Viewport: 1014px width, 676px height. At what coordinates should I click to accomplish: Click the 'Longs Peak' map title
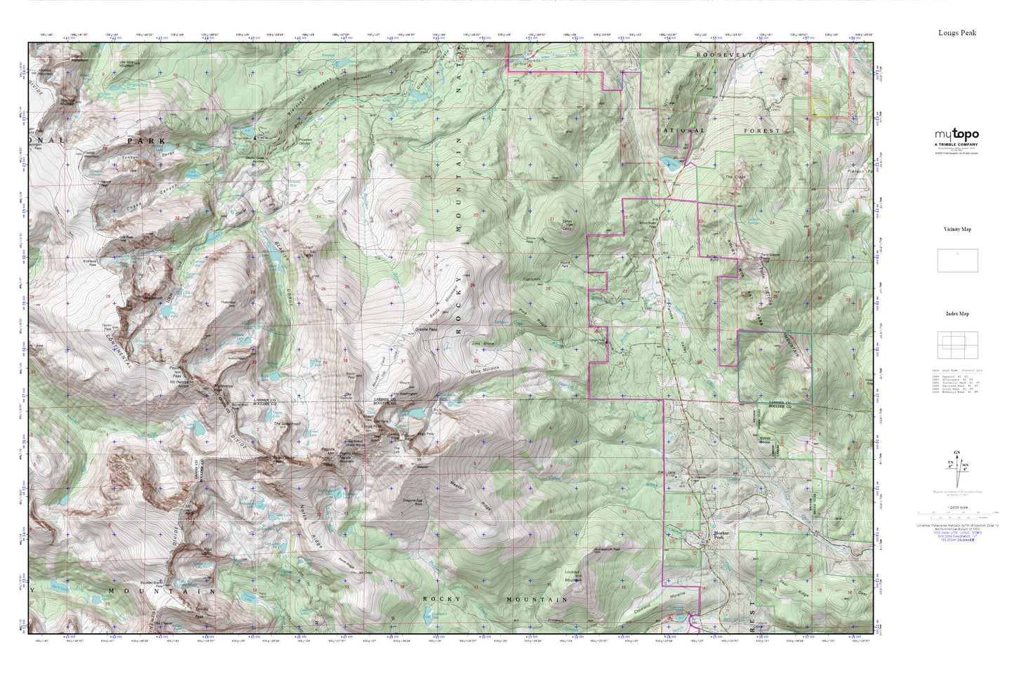[x=957, y=32]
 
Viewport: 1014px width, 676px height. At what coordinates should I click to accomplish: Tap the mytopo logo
[x=956, y=135]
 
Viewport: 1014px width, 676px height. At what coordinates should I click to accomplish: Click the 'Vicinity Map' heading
[x=957, y=230]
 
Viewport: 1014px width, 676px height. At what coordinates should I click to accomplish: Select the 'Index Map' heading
[x=957, y=314]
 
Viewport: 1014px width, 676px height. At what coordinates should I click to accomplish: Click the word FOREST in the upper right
[x=762, y=131]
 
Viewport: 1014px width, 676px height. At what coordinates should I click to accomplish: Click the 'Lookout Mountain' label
[x=573, y=576]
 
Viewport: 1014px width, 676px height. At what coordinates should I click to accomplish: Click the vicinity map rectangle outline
[x=956, y=260]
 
